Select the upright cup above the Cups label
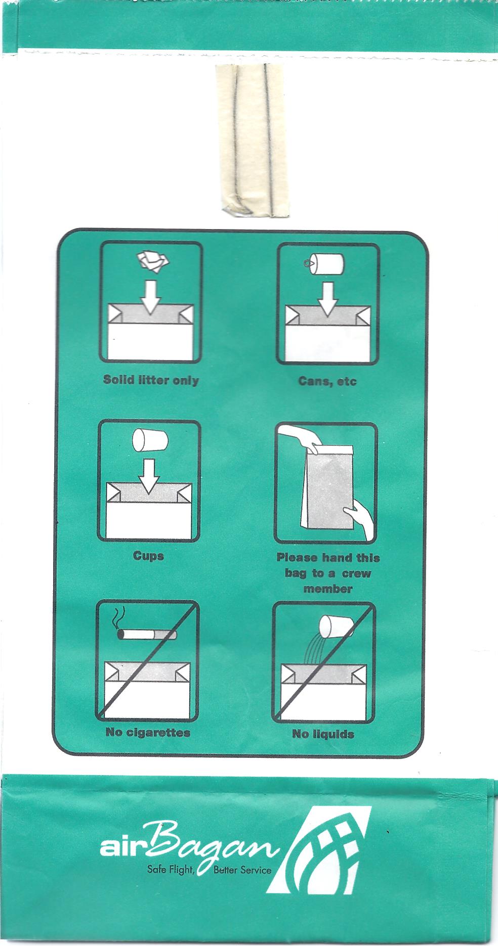(149, 440)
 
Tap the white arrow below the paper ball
(151, 297)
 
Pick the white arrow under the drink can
(328, 299)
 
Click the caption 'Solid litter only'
(151, 380)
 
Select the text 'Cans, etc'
(327, 381)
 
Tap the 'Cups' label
(148, 556)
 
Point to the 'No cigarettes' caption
(148, 732)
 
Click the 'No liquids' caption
(323, 734)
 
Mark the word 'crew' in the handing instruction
(356, 573)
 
